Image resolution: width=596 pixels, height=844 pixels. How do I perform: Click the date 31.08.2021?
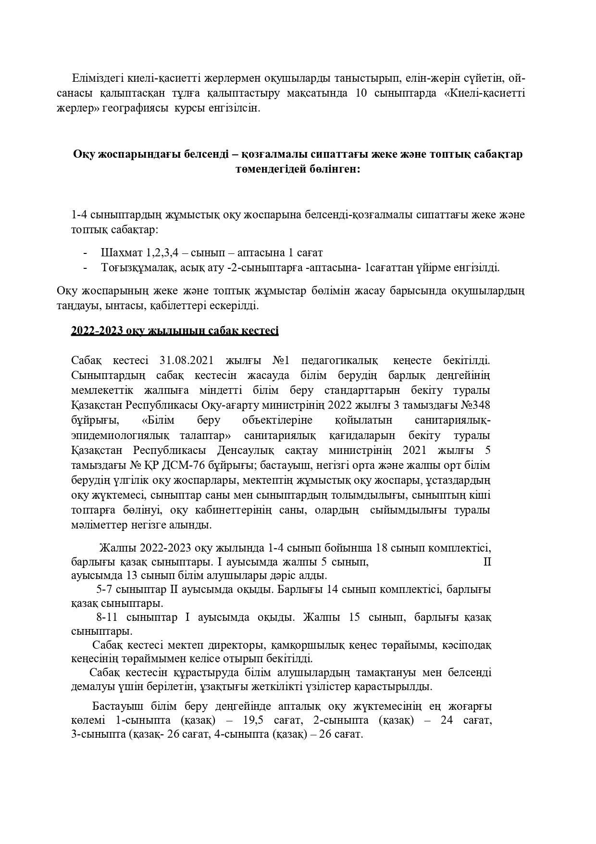185,361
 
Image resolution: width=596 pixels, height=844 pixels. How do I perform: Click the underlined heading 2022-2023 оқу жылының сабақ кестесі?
174,331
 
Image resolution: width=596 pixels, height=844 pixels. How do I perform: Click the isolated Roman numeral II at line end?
486,562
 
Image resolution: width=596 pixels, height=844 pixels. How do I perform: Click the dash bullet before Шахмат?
86,253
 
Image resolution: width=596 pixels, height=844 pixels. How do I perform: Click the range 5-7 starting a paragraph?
105,589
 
